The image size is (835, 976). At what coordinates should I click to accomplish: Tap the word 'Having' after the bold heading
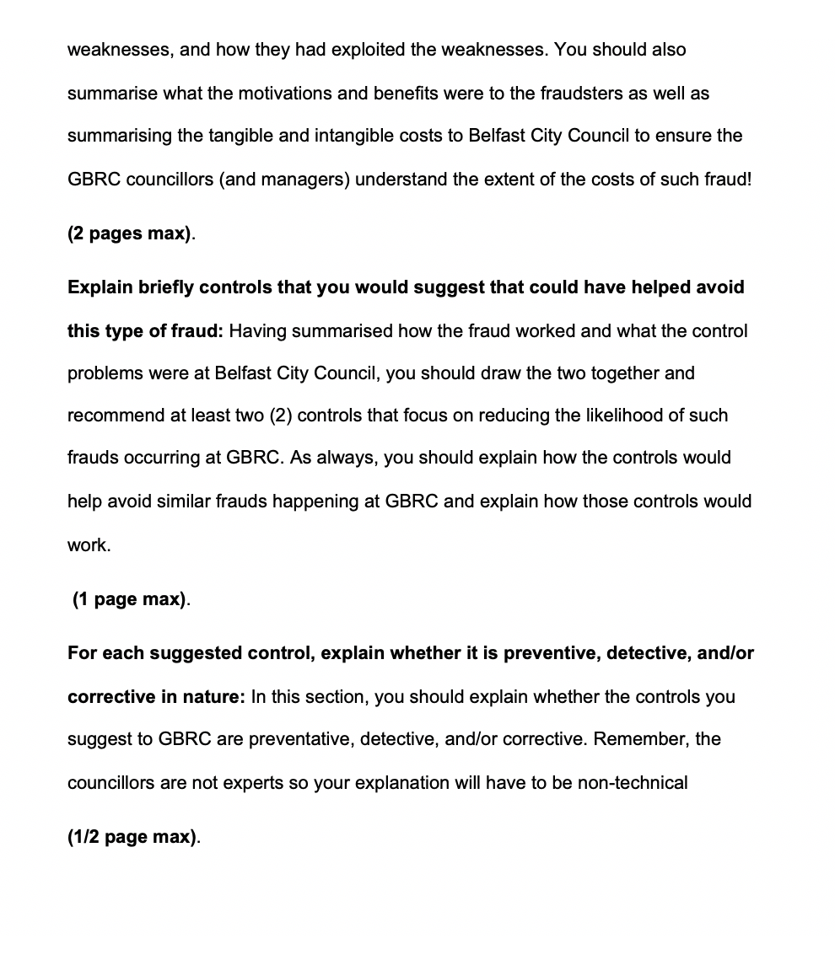(x=256, y=331)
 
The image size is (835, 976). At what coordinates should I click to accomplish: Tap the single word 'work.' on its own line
(x=89, y=545)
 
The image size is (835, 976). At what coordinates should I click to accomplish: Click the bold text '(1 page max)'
(x=130, y=599)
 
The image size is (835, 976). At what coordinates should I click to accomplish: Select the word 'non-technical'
(x=633, y=783)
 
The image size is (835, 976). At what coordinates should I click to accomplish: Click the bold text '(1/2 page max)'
(x=132, y=837)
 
